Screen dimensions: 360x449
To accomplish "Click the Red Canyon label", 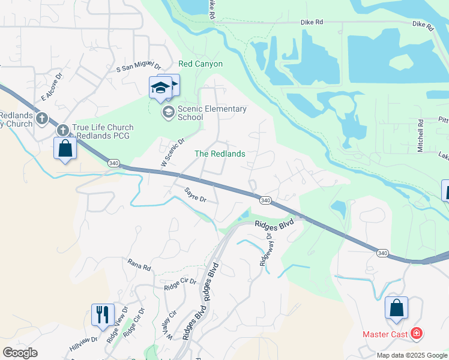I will pos(200,64).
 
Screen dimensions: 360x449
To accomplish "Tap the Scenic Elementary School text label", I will pos(211,113).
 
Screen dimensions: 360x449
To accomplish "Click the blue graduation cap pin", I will pos(161,88).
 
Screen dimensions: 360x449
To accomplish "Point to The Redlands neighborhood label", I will pos(220,154).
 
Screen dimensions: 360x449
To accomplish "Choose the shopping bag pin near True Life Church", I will pos(65,148).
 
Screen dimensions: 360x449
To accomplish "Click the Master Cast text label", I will pos(385,334).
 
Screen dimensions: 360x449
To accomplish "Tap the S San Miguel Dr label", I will pos(139,68).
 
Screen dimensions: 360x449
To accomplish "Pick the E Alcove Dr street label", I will pos(52,88).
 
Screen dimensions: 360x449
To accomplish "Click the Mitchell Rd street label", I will pos(421,135).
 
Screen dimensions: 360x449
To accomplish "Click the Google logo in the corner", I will pos(20,352).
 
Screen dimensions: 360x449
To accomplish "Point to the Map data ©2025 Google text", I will pos(411,355).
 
